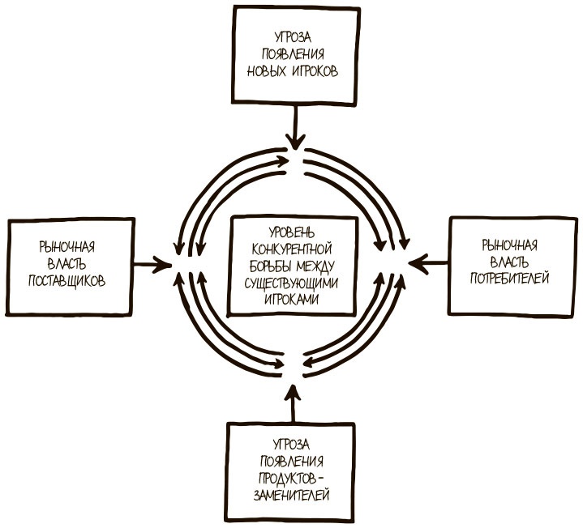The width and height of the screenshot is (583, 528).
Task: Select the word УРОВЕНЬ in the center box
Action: point(294,232)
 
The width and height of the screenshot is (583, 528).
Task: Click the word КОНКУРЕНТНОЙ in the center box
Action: point(294,248)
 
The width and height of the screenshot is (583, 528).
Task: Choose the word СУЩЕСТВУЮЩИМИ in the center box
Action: point(294,282)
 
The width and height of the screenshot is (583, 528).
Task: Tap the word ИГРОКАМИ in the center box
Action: point(294,298)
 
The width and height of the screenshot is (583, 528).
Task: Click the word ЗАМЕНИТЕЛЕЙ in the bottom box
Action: point(289,493)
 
